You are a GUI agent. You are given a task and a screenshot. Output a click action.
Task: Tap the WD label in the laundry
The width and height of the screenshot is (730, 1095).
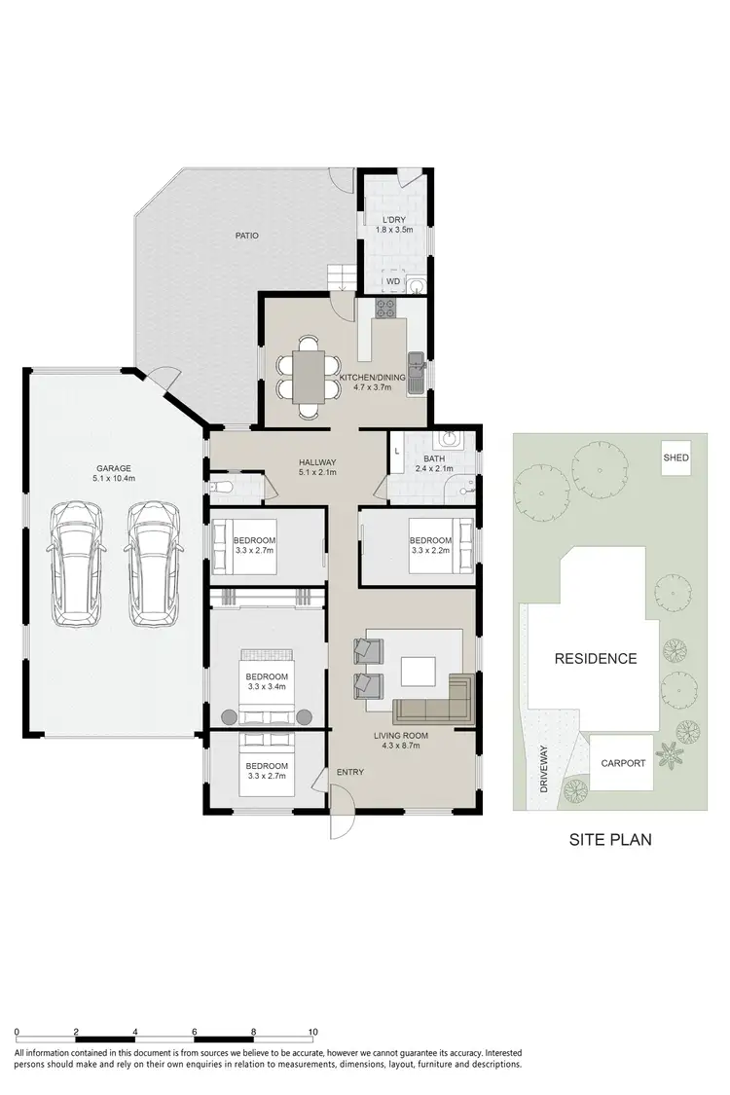pos(392,281)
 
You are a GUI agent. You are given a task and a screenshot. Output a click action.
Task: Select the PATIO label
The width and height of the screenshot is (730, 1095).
pos(246,236)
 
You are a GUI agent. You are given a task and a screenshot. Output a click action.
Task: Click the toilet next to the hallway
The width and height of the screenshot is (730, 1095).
pos(219,486)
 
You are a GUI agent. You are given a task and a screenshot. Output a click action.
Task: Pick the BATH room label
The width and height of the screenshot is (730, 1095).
pos(434,459)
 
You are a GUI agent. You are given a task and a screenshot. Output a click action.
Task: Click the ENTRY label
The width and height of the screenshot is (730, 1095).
pos(349,772)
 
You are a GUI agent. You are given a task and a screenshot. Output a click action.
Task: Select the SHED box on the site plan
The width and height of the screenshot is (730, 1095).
pos(675,457)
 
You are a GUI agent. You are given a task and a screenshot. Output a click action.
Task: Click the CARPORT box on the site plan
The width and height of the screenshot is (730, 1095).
pos(622,763)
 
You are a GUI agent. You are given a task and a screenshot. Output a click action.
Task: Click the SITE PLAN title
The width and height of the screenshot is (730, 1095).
pos(610,839)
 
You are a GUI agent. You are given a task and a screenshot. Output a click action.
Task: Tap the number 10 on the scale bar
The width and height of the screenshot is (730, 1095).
pos(312,1031)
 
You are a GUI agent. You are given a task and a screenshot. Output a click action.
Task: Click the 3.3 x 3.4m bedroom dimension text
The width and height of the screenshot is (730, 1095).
pos(267,688)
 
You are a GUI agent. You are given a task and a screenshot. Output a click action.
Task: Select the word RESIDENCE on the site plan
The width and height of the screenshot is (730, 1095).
pos(595,658)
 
